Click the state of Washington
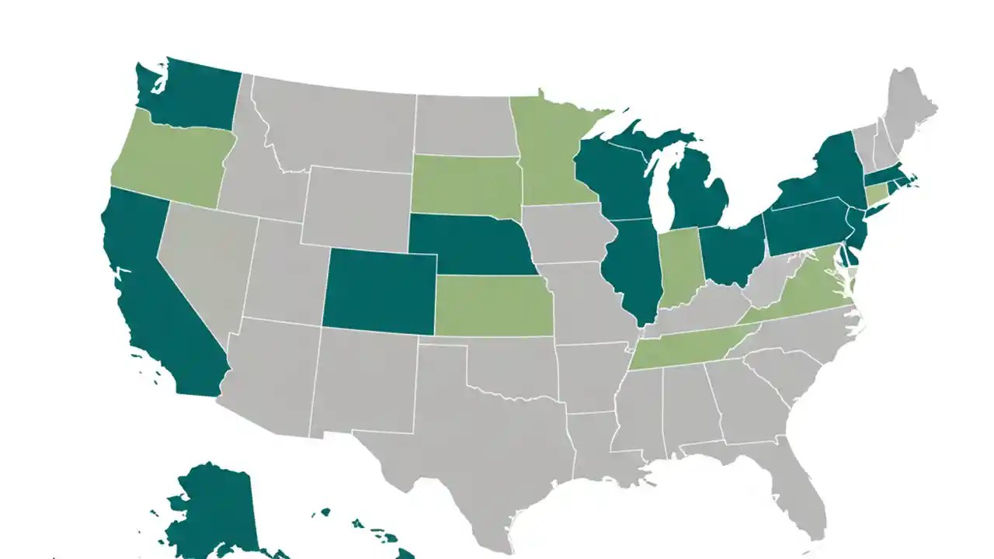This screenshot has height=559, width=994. (190, 97)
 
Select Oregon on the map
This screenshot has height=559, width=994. (171, 159)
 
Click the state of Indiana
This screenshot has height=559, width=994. (679, 268)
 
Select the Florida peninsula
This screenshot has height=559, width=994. (800, 497)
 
